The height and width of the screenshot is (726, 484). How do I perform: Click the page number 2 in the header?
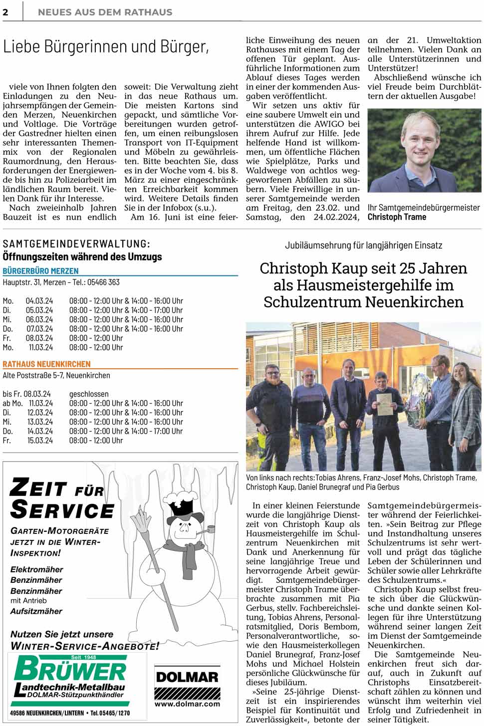click(x=5, y=12)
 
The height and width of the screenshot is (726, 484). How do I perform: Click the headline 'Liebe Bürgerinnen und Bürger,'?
click(x=106, y=47)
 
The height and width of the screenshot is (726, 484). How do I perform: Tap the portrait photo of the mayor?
click(x=424, y=150)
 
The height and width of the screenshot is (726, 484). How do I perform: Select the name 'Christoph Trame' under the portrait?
click(x=397, y=217)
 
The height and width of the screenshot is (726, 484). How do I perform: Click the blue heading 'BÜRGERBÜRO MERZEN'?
click(x=40, y=271)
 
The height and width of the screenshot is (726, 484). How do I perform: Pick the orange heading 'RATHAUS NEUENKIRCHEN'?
click(x=46, y=364)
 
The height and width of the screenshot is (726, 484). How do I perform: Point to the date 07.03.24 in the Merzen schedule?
click(x=39, y=329)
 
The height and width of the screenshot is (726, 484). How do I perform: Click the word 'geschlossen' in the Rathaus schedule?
click(x=89, y=394)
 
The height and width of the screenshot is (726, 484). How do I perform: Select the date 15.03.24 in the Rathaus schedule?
click(x=40, y=441)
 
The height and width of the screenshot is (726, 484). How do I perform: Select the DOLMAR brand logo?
click(x=187, y=677)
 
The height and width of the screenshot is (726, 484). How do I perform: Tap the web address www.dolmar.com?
click(x=187, y=704)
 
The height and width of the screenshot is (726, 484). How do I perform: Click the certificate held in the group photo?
click(x=384, y=405)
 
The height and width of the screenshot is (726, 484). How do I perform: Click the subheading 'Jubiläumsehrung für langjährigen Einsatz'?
click(x=363, y=245)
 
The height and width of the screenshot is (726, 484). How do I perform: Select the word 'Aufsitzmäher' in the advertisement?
click(x=36, y=611)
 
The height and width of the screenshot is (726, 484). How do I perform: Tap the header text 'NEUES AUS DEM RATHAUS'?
click(x=105, y=12)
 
